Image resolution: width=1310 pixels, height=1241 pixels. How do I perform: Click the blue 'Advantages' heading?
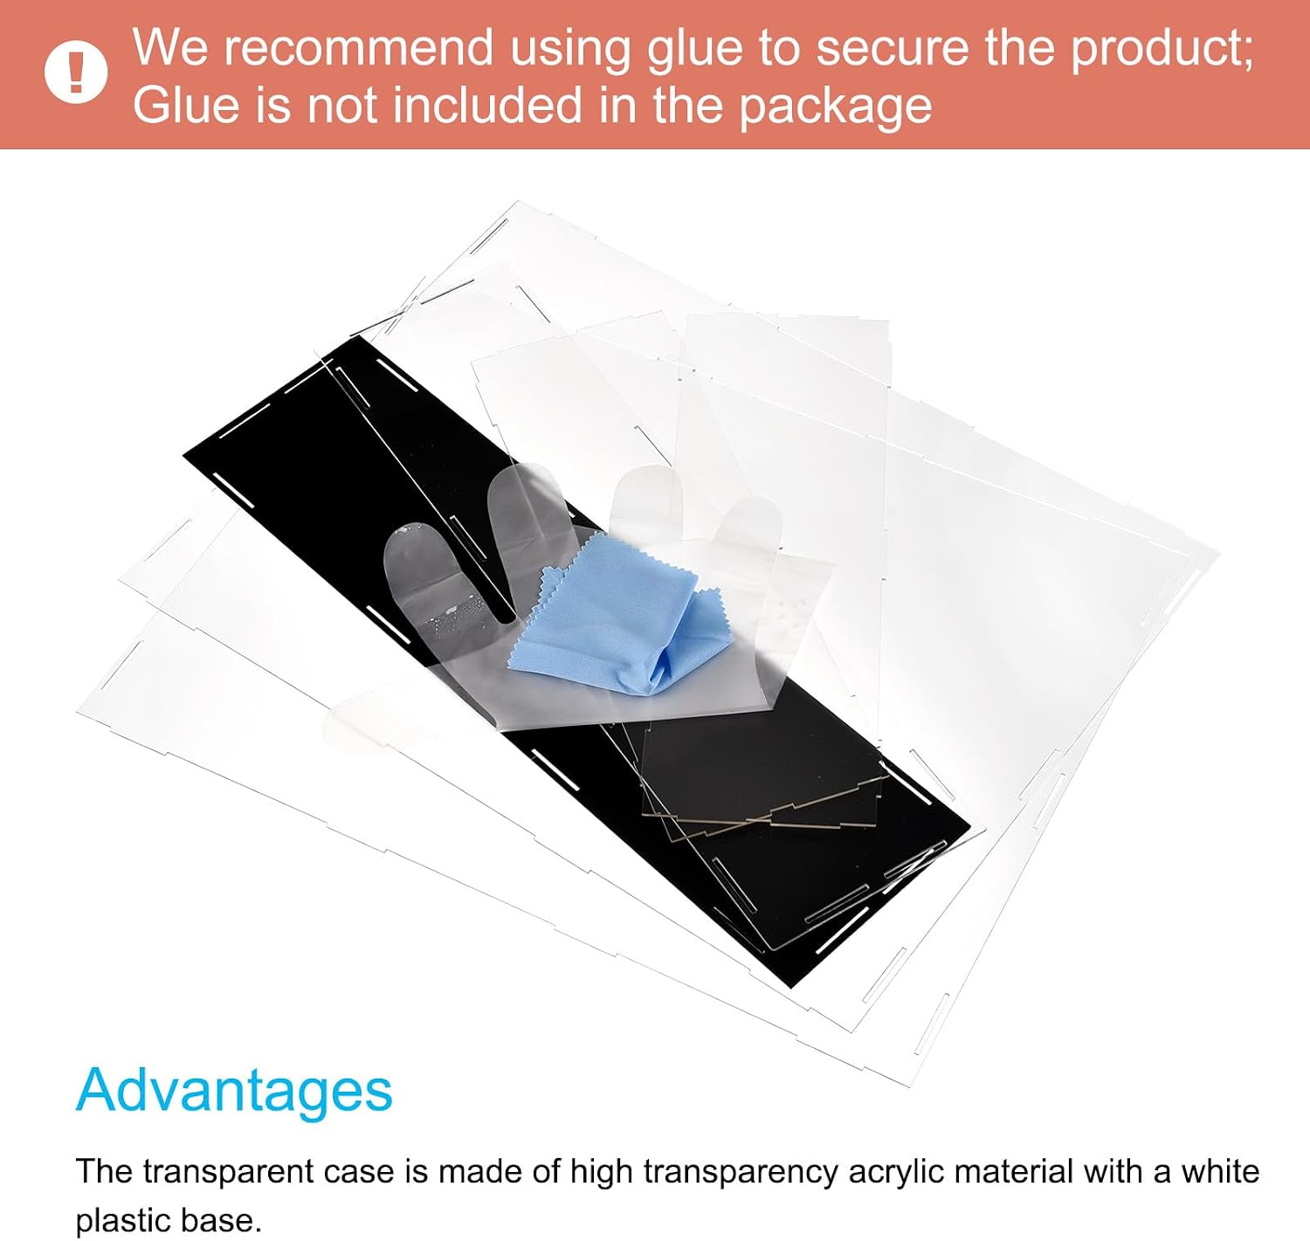pyautogui.click(x=234, y=1089)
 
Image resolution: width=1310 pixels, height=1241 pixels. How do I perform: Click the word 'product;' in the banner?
pyautogui.click(x=1162, y=51)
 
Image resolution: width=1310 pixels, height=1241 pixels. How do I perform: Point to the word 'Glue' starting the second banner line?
pyautogui.click(x=186, y=105)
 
